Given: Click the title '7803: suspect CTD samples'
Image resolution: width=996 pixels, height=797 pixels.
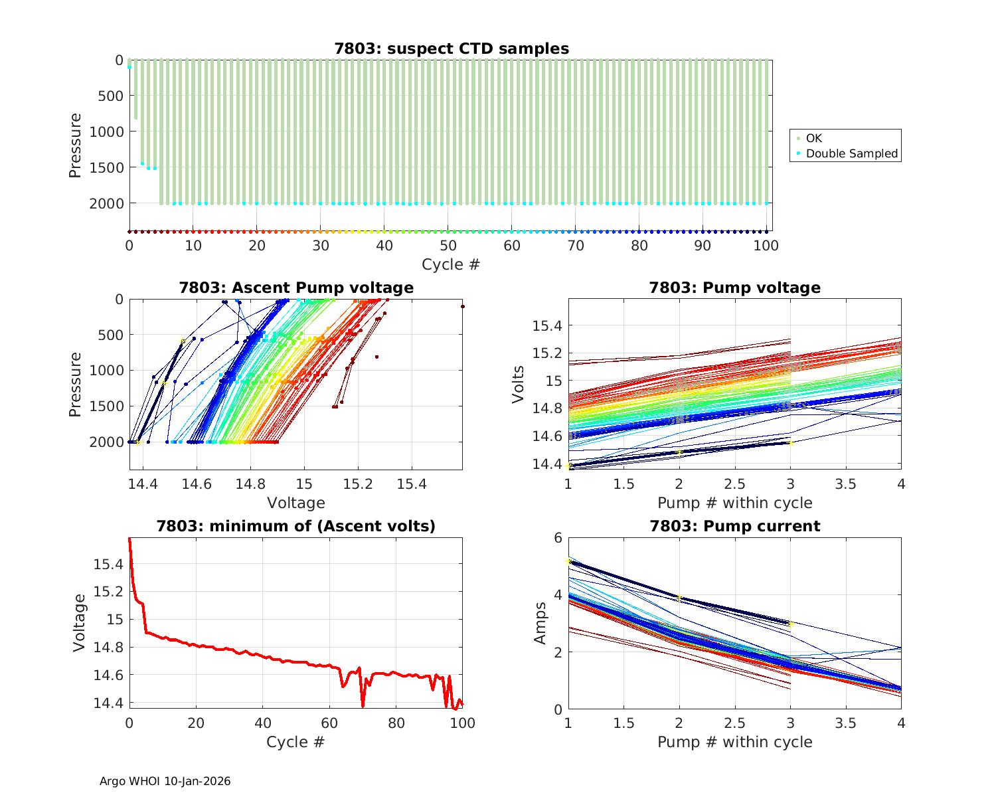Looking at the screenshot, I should (451, 48).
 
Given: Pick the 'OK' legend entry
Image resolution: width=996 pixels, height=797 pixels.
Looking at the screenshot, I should (813, 138).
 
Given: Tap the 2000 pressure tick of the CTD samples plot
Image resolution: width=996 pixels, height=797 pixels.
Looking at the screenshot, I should (106, 203).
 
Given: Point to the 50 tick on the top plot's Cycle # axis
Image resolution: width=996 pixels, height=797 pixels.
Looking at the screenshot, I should (448, 246).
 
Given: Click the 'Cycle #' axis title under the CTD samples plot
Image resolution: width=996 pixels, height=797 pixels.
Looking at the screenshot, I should (450, 264).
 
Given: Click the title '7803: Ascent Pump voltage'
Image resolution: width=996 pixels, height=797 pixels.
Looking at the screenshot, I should (295, 288).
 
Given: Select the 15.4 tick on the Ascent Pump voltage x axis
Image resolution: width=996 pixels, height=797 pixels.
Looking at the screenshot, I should (411, 485).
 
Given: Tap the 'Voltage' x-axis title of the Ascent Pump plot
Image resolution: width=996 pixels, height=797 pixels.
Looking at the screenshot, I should (295, 503).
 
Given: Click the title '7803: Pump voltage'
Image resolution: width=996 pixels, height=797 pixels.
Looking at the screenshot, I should (734, 288).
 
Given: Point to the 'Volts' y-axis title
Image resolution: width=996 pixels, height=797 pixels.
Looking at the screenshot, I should (519, 384).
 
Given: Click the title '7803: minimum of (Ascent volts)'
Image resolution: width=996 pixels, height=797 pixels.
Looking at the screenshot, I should (295, 526).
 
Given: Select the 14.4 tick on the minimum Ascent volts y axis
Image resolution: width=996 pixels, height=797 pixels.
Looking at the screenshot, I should (108, 703).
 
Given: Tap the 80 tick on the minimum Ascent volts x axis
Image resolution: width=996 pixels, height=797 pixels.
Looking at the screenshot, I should (396, 723).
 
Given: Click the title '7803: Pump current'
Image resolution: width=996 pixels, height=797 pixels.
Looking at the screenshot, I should (734, 526).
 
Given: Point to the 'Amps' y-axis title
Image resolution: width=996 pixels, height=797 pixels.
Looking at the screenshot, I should (541, 622).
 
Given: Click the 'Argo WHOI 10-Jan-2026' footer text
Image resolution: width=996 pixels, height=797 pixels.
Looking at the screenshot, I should (165, 781).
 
